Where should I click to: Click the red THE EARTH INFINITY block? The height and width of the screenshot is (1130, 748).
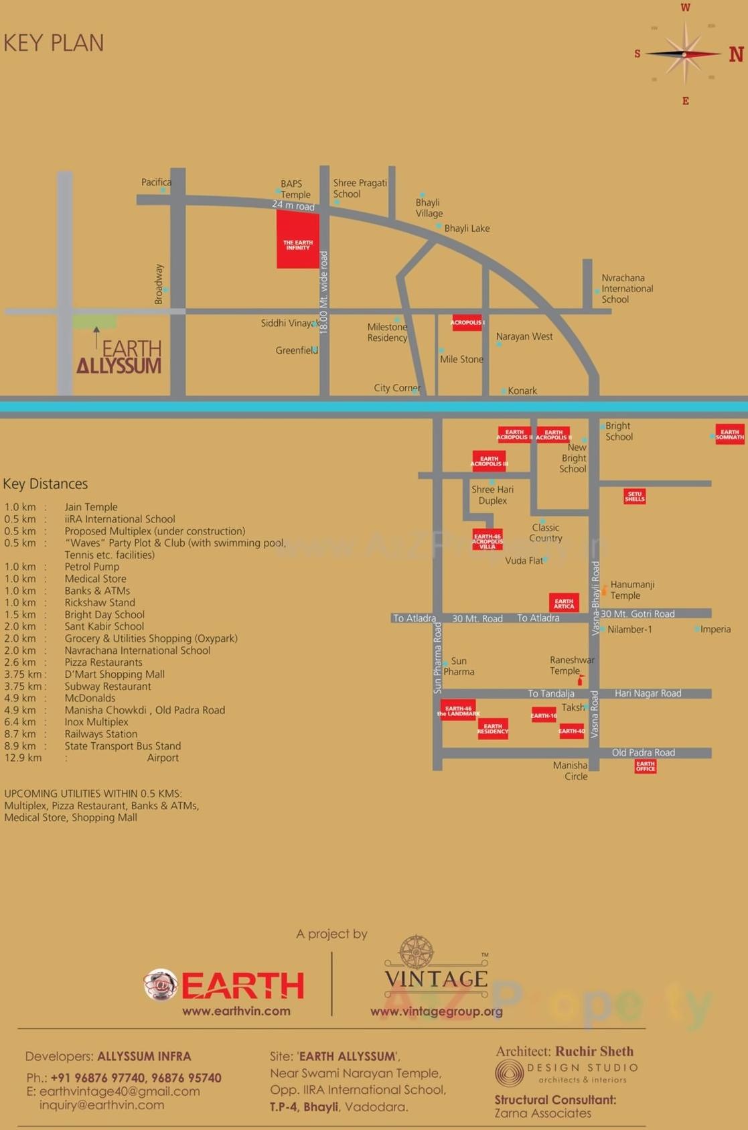coord(298,242)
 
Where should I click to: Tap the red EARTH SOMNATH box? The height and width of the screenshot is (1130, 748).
coord(729,434)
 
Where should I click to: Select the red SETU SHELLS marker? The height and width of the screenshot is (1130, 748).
coord(634,496)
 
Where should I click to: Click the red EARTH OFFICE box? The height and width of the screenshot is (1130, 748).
coord(645,766)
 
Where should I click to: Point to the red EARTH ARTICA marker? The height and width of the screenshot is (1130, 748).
coord(563,603)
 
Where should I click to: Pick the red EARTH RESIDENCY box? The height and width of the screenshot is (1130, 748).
coord(492,728)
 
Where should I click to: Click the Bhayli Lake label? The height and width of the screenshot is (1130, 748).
coord(467,228)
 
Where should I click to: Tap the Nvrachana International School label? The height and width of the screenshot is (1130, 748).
coord(627,289)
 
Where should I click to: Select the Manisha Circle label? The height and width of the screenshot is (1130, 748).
coord(571,771)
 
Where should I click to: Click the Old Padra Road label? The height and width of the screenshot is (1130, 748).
coord(643,752)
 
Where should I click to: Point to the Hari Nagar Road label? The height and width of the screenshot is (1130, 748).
coord(648,693)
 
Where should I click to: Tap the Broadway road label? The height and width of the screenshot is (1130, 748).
coord(159,284)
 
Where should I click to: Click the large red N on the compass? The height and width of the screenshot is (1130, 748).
coord(736,54)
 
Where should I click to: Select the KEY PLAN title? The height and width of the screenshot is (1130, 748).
coord(54,43)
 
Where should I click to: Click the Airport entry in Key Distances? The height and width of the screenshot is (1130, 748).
coord(163,758)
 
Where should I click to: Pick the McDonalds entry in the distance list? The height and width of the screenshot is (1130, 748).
coord(90,698)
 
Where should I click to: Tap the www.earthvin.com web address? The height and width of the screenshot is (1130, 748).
coord(236,1011)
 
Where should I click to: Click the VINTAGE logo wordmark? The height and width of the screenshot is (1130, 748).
coord(436,979)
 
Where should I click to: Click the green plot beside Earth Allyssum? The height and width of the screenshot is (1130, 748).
coord(94,322)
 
